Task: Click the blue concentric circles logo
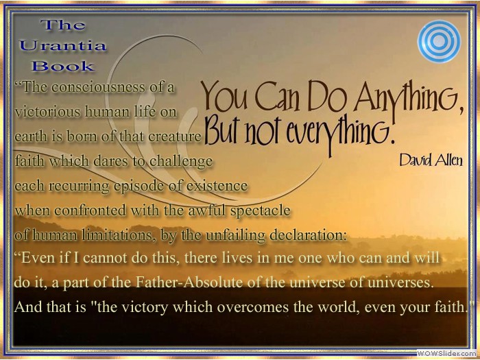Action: tap(439, 41)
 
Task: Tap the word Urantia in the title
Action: tap(63, 46)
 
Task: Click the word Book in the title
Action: tap(63, 66)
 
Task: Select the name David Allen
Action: tap(431, 160)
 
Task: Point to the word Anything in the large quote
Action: tap(410, 96)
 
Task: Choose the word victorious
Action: tap(48, 112)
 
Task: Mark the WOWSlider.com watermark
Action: tap(447, 353)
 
